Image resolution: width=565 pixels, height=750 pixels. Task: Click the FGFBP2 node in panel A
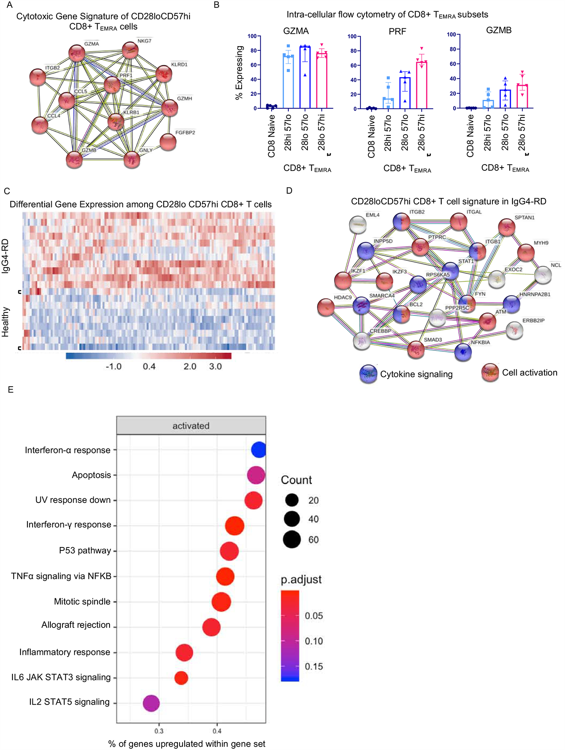click(168, 142)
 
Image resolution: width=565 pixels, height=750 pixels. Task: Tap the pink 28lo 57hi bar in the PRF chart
click(422, 85)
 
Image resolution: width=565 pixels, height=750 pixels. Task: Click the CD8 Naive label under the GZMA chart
click(272, 136)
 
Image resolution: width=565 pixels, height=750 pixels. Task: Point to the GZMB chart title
click(499, 30)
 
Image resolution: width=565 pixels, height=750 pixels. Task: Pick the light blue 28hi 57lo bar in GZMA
click(288, 82)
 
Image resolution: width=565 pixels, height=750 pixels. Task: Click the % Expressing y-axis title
click(239, 73)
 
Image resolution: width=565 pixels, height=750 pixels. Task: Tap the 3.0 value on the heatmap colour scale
click(215, 367)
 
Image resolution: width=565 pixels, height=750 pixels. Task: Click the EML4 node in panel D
click(358, 225)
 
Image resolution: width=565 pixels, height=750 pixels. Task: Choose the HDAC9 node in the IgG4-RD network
click(326, 307)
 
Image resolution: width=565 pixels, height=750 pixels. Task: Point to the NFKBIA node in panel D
click(463, 352)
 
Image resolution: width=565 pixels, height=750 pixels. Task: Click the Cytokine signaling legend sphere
click(368, 374)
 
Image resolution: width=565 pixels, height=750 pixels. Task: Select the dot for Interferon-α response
click(259, 450)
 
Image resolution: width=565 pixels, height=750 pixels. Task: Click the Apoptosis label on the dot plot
click(91, 475)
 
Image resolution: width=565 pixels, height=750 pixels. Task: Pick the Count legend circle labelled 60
click(292, 540)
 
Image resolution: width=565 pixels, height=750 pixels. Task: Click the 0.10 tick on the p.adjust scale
click(314, 641)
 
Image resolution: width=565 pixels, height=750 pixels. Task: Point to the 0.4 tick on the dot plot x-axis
click(217, 731)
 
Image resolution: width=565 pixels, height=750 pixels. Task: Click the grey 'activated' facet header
click(191, 426)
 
